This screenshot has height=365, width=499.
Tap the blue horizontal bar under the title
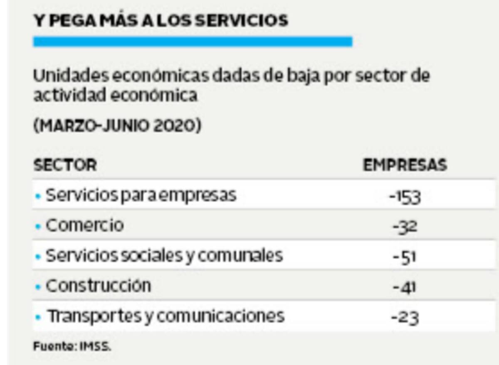click(x=193, y=42)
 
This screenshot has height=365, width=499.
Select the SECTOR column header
click(x=65, y=165)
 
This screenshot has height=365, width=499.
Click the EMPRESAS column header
click(x=405, y=165)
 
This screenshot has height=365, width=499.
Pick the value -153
click(x=405, y=196)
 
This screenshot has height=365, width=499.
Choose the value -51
click(x=405, y=257)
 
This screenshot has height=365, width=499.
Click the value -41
click(x=405, y=287)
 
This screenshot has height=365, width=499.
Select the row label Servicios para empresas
click(x=141, y=195)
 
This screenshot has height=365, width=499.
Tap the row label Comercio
click(x=84, y=225)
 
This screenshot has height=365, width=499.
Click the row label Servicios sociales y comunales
click(x=164, y=256)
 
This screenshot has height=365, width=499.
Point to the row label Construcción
click(x=98, y=286)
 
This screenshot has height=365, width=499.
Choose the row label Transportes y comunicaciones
click(x=166, y=316)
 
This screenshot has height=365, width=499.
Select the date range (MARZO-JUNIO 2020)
click(x=117, y=126)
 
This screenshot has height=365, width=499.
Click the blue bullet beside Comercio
click(x=38, y=226)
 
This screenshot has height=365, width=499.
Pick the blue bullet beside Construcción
click(x=38, y=287)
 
